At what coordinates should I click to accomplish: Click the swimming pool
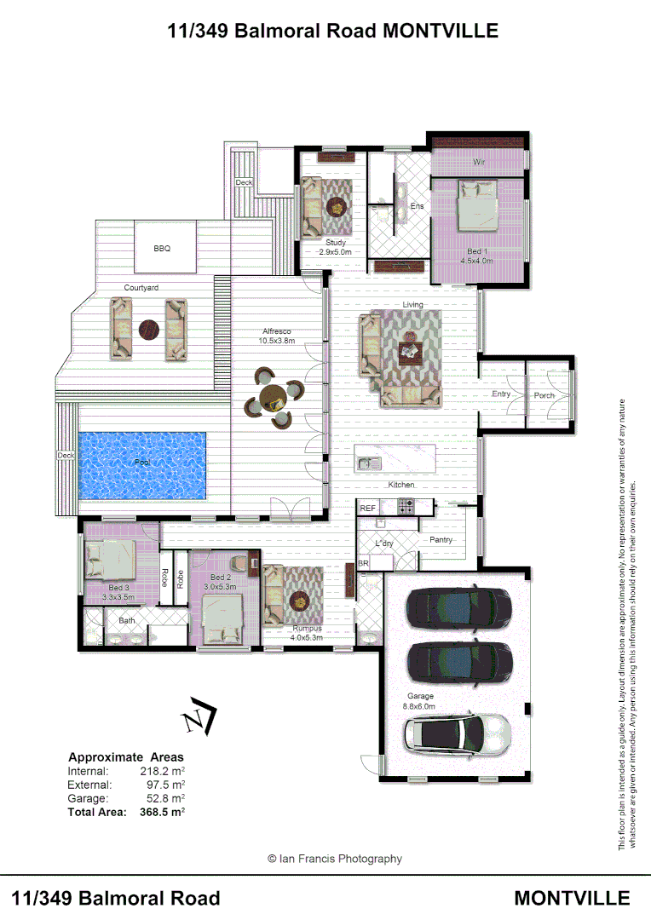(x=141, y=465)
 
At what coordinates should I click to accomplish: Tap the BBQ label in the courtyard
(x=162, y=249)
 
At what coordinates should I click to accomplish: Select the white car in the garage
(x=458, y=732)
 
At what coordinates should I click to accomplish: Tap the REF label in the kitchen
(x=368, y=508)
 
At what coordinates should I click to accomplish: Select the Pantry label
(x=441, y=540)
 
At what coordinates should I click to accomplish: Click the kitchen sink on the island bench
(x=367, y=464)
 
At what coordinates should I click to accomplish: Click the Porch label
(x=544, y=395)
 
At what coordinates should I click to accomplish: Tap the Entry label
(x=501, y=394)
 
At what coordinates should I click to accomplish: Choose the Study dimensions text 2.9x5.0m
(x=335, y=252)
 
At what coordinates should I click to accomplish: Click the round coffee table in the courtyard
(x=150, y=328)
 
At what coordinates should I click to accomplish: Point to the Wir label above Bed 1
(x=478, y=161)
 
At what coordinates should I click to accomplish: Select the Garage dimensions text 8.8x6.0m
(x=419, y=706)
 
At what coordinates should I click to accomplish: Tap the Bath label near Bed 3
(x=127, y=620)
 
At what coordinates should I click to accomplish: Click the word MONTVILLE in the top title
(x=441, y=32)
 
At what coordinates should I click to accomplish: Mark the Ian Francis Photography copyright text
(x=334, y=859)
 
